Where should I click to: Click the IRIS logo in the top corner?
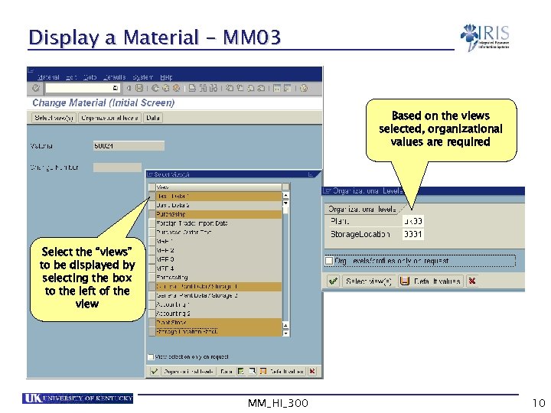(x=485, y=37)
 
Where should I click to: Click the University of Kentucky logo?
(x=78, y=398)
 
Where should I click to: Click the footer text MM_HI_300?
(x=279, y=403)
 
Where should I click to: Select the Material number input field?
(x=128, y=145)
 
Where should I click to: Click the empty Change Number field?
(x=117, y=167)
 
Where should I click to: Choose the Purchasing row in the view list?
(x=218, y=214)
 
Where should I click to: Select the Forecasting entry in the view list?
(x=218, y=277)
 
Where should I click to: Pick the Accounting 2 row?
(x=218, y=313)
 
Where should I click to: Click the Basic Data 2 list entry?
(x=218, y=205)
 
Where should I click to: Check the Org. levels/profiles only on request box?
(x=329, y=261)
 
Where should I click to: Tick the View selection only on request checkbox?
(x=151, y=356)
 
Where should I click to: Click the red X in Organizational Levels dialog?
(x=472, y=281)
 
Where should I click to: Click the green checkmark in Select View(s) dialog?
(x=154, y=371)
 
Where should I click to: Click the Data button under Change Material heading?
(x=153, y=118)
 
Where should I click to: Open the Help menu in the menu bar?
(x=166, y=77)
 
